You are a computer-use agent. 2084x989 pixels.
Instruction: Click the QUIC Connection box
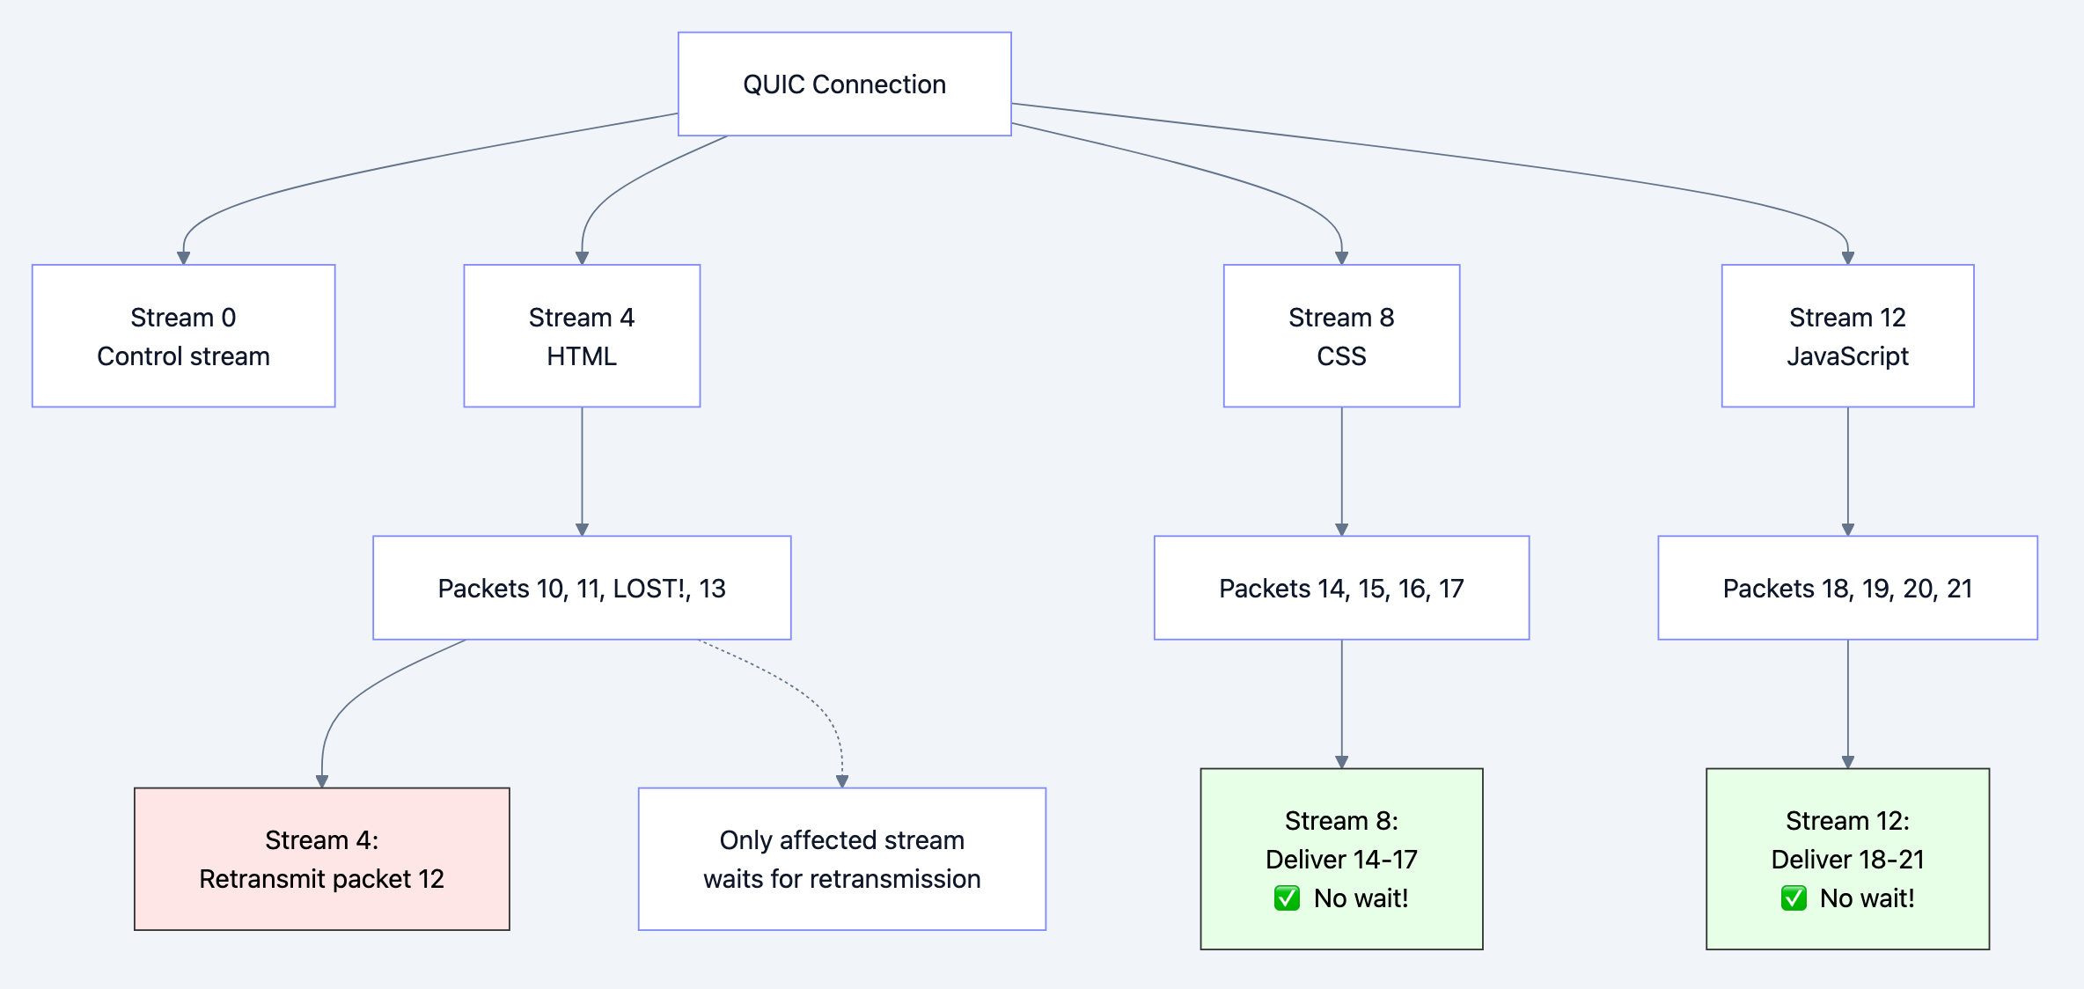tap(844, 84)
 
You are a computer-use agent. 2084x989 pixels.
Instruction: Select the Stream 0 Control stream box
tap(183, 336)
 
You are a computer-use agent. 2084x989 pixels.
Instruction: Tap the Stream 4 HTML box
tap(582, 336)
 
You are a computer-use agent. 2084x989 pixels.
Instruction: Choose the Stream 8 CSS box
tap(1341, 336)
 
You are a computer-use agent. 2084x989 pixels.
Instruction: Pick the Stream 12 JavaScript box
tap(1847, 336)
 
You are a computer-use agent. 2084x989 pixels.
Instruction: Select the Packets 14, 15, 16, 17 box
tap(1341, 588)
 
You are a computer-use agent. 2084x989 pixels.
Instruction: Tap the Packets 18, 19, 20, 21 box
tap(1847, 588)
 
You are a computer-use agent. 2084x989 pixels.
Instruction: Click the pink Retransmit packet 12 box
tap(321, 859)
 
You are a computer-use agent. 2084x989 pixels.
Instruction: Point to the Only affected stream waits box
tap(841, 859)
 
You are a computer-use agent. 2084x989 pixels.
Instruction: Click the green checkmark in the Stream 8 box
tap(1287, 898)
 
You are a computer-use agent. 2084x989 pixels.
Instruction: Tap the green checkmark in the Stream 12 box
tap(1793, 898)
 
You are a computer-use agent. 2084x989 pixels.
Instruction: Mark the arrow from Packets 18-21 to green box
tap(1847, 704)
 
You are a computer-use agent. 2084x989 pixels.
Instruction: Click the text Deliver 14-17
tap(1341, 860)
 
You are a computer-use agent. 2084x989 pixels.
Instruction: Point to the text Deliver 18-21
tap(1847, 860)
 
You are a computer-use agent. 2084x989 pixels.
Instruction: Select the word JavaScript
tap(1847, 356)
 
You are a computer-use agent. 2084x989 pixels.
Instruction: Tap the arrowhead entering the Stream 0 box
tap(183, 258)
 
